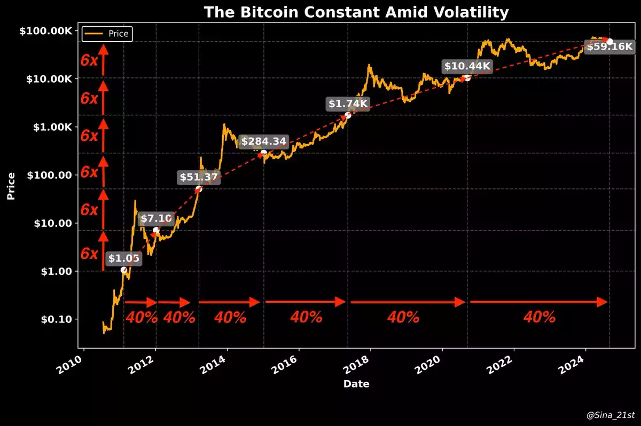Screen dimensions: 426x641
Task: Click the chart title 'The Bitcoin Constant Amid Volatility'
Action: click(356, 12)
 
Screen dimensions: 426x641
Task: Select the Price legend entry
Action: click(107, 34)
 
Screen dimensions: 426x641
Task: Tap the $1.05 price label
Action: click(124, 259)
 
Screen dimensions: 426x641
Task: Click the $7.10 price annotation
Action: click(157, 218)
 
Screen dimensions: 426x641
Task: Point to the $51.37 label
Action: click(199, 178)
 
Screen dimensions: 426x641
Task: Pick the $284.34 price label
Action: click(264, 141)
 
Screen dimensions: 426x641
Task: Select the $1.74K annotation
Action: click(348, 104)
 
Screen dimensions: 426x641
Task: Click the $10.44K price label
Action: click(467, 66)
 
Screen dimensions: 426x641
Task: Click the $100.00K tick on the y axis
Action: click(45, 31)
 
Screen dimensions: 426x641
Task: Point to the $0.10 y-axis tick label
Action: click(57, 319)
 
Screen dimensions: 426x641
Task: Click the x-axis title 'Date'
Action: click(356, 384)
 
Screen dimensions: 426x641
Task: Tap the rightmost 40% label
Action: click(540, 317)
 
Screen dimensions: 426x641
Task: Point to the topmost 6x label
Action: click(89, 60)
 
